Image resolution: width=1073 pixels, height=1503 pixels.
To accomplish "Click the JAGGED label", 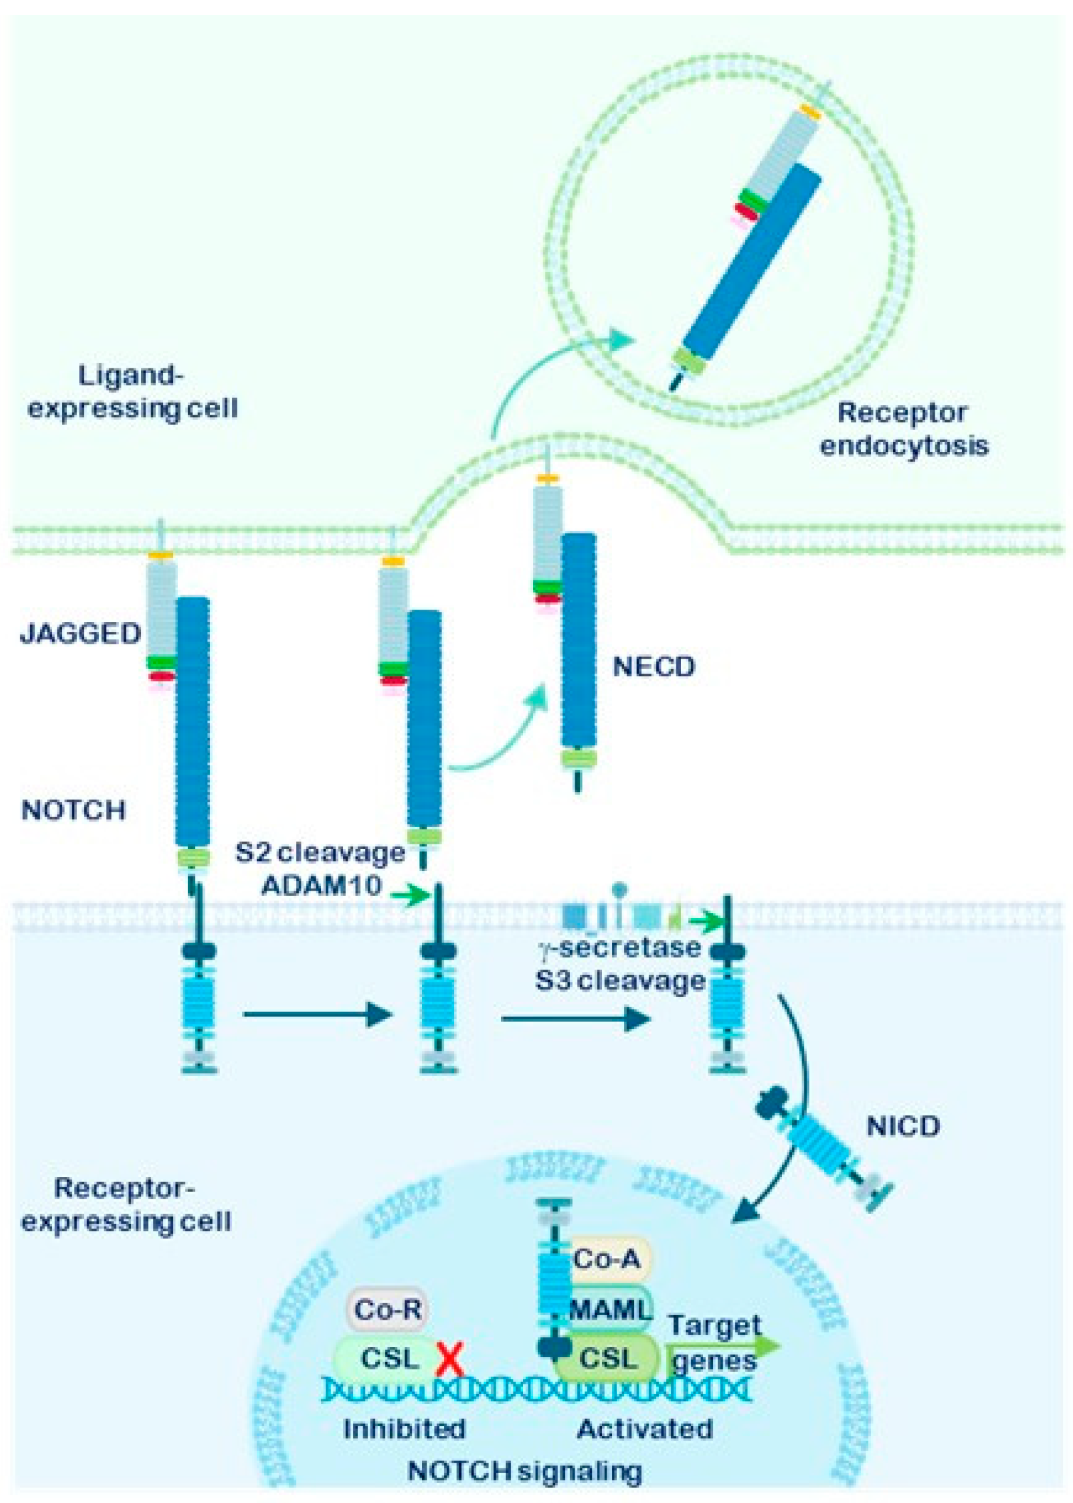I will tap(81, 634).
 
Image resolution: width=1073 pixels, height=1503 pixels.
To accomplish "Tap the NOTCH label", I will tap(73, 811).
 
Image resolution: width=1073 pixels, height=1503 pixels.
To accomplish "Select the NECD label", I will tap(654, 667).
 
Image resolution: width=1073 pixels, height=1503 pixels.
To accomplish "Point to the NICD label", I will tap(903, 1127).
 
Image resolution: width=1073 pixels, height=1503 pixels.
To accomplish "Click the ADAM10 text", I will tap(321, 885).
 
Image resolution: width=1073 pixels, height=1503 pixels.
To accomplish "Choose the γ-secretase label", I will tap(620, 948).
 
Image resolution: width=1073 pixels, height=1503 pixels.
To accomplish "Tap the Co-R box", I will tap(387, 1309).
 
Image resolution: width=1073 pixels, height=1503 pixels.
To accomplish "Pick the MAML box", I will tap(610, 1309).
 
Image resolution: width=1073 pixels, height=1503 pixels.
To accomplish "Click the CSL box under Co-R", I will tap(390, 1359).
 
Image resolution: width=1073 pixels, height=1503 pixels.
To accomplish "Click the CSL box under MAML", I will tap(609, 1359).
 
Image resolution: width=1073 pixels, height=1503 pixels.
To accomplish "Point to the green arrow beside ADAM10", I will tap(410, 895).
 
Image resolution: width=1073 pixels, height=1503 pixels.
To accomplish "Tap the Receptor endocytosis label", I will tap(903, 429).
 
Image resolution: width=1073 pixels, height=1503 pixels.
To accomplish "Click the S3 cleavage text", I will tap(620, 980).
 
